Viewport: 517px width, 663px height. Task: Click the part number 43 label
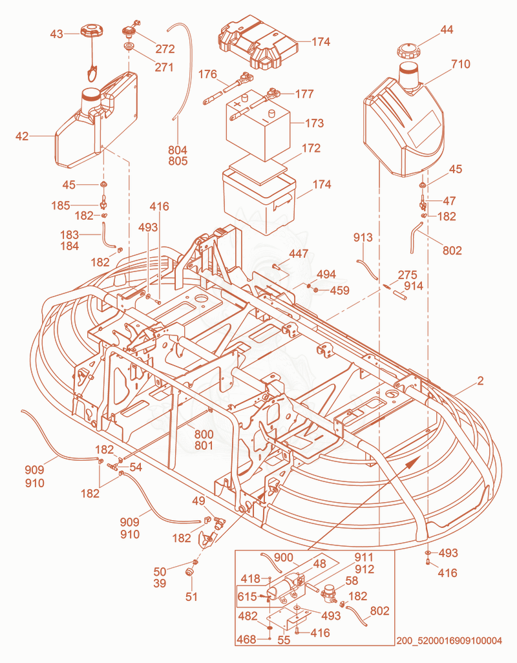(x=57, y=34)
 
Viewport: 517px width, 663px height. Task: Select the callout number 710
(x=460, y=64)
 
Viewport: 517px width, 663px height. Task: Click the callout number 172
(x=311, y=148)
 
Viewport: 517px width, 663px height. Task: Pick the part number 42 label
(x=22, y=136)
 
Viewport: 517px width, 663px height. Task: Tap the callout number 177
(x=304, y=94)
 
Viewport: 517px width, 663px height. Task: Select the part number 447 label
(x=299, y=254)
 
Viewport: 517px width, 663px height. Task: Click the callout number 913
(x=363, y=237)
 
